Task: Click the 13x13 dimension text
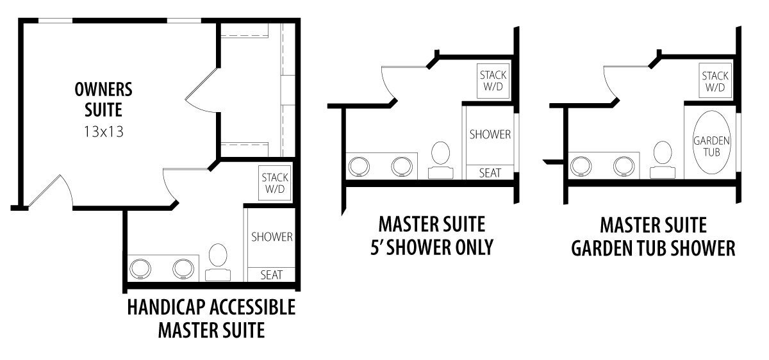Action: pos(104,131)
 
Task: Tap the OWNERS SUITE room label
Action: pos(103,99)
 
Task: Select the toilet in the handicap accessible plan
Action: pos(218,262)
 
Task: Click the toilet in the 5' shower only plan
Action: pos(440,160)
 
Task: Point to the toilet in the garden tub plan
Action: pos(663,160)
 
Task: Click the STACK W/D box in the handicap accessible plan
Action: pos(275,183)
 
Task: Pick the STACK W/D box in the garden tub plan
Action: pos(715,81)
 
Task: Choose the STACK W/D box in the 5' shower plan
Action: pos(493,81)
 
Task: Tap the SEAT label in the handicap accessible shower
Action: pos(271,275)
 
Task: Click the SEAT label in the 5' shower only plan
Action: pos(490,173)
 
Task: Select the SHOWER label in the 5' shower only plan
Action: pos(490,134)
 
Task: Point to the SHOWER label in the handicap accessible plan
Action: pos(272,237)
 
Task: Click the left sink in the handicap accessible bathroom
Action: pos(140,268)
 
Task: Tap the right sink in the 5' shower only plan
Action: pos(402,167)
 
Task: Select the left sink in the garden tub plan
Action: pos(581,167)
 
